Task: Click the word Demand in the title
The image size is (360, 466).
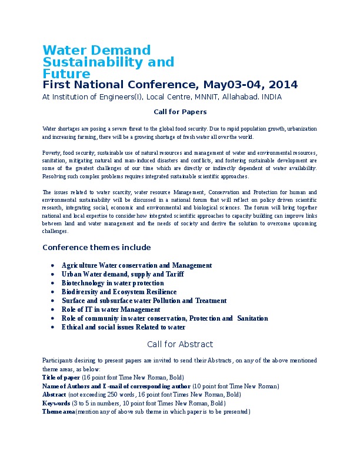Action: (x=120, y=51)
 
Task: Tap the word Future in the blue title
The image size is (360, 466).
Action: (x=66, y=74)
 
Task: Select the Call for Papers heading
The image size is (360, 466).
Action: (x=180, y=111)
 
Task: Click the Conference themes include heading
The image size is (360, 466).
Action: (x=96, y=247)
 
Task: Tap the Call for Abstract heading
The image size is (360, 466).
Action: (x=180, y=344)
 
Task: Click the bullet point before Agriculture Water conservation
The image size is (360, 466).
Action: (x=54, y=266)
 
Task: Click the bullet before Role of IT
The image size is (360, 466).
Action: (x=54, y=309)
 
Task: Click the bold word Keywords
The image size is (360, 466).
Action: (x=56, y=403)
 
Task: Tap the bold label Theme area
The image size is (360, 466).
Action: (x=58, y=412)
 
